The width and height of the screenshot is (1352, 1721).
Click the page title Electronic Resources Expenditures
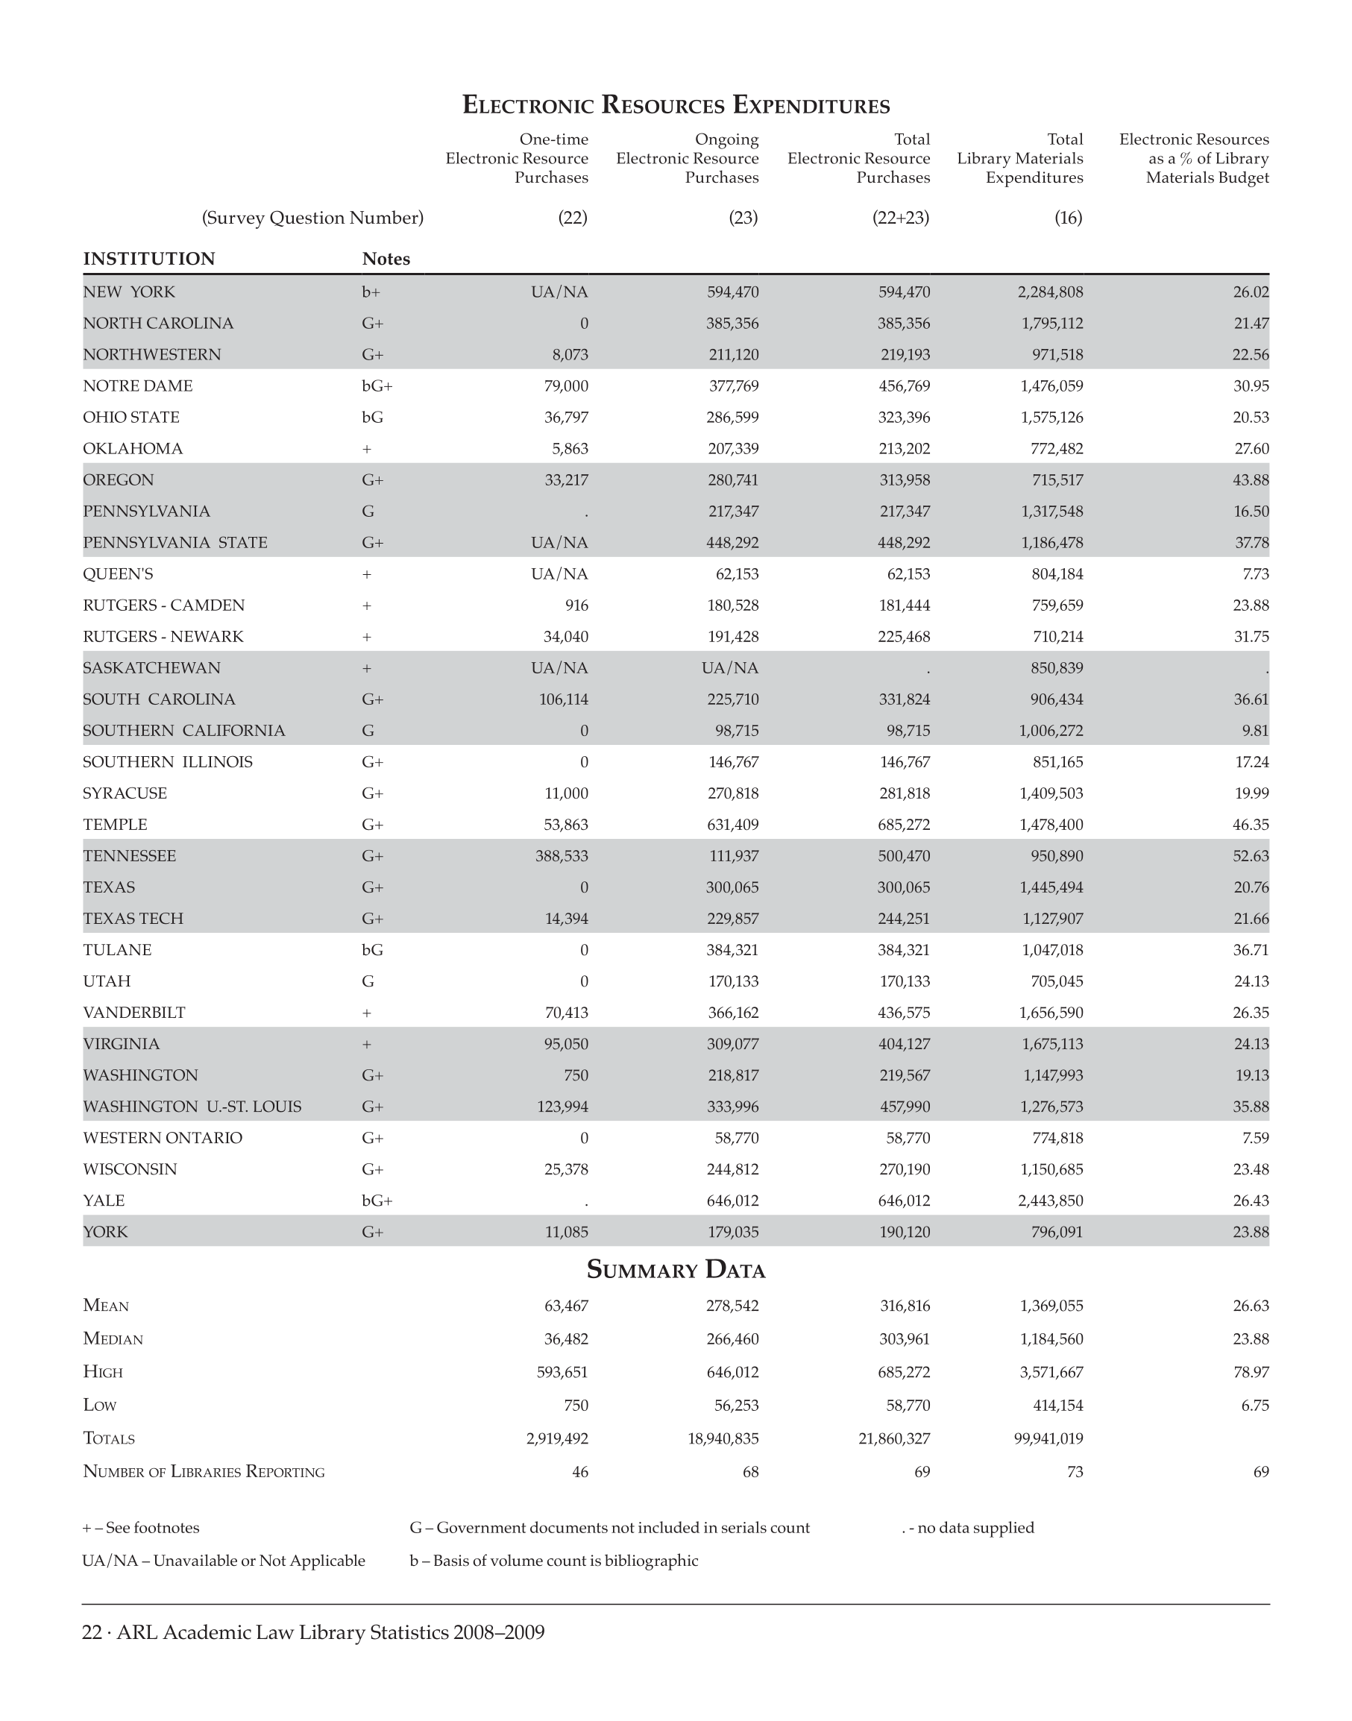pos(676,104)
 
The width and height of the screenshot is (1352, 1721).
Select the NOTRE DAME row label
pos(138,386)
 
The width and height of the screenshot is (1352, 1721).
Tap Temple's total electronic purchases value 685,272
pos(904,824)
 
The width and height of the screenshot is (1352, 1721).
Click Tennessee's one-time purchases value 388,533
pos(562,856)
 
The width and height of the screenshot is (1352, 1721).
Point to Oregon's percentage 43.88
pos(1251,479)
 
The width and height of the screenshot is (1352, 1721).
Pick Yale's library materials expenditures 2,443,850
pos(1051,1200)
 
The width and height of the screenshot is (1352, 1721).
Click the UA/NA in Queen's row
pos(559,574)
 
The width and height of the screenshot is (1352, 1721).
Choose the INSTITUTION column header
pos(149,259)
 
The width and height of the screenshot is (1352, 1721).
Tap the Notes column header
pos(386,259)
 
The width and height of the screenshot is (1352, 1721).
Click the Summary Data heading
pos(676,1270)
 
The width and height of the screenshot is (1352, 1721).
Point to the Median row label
pos(113,1338)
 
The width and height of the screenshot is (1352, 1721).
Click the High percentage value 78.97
pos(1251,1372)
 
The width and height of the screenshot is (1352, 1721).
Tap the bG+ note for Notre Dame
pos(377,386)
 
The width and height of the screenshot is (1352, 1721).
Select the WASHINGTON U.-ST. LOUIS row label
pos(192,1106)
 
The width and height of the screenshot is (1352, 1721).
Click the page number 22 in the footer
pos(92,1632)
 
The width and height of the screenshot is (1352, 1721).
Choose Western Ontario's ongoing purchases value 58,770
pos(736,1138)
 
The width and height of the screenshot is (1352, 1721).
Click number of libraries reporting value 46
pos(579,1472)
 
